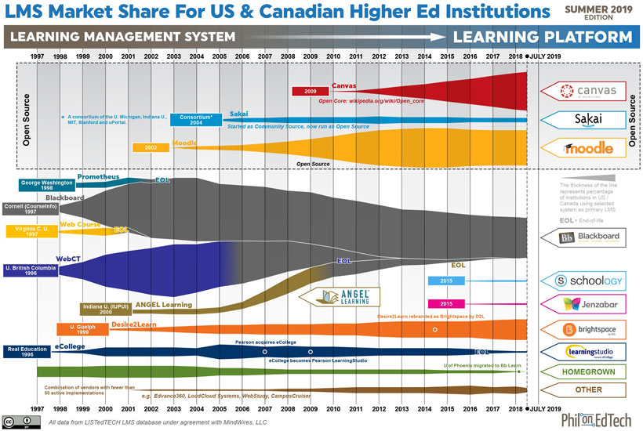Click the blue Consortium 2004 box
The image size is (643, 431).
coord(195,120)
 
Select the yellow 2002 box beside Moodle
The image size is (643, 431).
coord(151,147)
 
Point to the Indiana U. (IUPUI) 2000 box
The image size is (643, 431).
coord(105,309)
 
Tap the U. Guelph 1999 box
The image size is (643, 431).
coord(82,329)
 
